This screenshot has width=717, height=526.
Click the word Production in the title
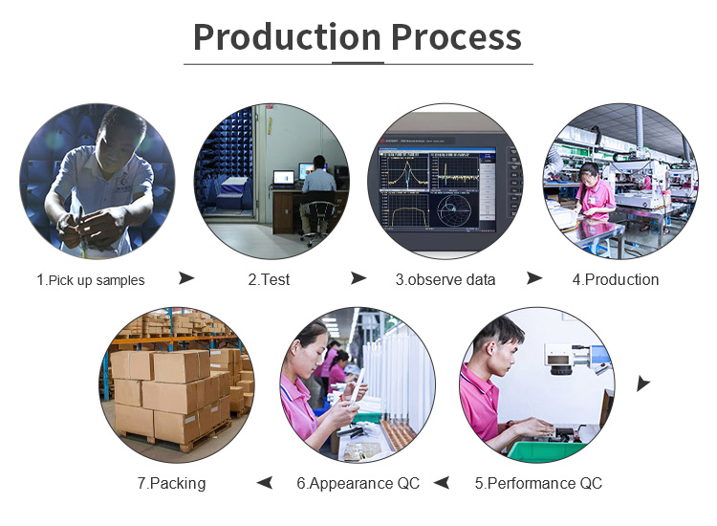click(x=287, y=37)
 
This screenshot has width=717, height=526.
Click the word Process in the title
click(x=456, y=37)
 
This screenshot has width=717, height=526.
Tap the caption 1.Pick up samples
click(x=91, y=280)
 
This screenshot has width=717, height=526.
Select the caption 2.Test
click(x=269, y=279)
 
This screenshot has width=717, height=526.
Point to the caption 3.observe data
click(x=445, y=279)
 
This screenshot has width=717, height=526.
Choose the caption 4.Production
click(x=616, y=279)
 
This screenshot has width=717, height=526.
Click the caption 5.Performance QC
click(x=538, y=483)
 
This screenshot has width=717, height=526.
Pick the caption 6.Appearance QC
click(x=358, y=484)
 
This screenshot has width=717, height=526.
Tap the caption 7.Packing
click(x=171, y=484)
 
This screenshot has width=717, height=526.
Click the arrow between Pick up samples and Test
click(x=186, y=277)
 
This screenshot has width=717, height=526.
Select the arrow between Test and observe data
click(x=358, y=277)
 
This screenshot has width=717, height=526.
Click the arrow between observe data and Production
click(x=534, y=277)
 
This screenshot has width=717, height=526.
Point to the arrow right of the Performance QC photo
click(x=643, y=384)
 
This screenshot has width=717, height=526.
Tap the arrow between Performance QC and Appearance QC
click(x=442, y=483)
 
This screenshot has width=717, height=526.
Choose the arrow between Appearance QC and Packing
click(x=265, y=483)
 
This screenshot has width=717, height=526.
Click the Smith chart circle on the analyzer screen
click(x=453, y=210)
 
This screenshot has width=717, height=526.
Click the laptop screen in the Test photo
click(x=284, y=178)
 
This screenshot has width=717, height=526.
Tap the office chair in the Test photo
click(x=317, y=220)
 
